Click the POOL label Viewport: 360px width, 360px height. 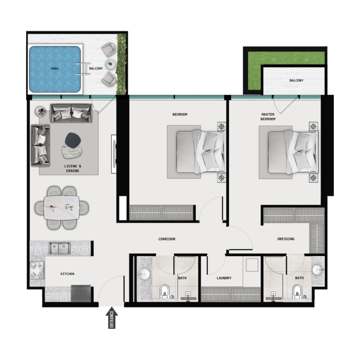pos(55,68)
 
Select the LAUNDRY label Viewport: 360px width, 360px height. pos(224,278)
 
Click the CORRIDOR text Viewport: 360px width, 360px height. pos(167,239)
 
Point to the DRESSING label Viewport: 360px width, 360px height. pos(286,239)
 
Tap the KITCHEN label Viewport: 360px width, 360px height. pos(67,274)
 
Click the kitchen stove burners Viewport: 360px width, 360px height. pos(37,270)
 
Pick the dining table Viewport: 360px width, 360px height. pos(61,207)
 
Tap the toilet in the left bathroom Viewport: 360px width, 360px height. pos(165,291)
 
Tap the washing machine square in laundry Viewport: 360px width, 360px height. pos(251,265)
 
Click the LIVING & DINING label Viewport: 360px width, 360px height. pos(72,169)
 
